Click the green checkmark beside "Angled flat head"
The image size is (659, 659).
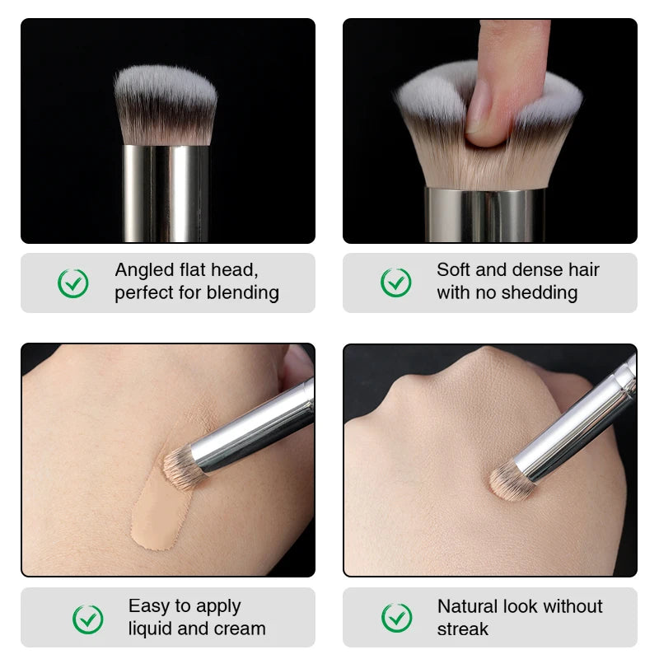(73, 283)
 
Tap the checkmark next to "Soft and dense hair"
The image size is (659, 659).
(395, 283)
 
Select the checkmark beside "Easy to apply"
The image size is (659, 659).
(88, 619)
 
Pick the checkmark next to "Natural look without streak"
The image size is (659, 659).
(397, 618)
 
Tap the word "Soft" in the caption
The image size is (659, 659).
(454, 270)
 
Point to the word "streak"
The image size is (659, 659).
(463, 629)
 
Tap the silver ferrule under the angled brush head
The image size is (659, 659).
(165, 194)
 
